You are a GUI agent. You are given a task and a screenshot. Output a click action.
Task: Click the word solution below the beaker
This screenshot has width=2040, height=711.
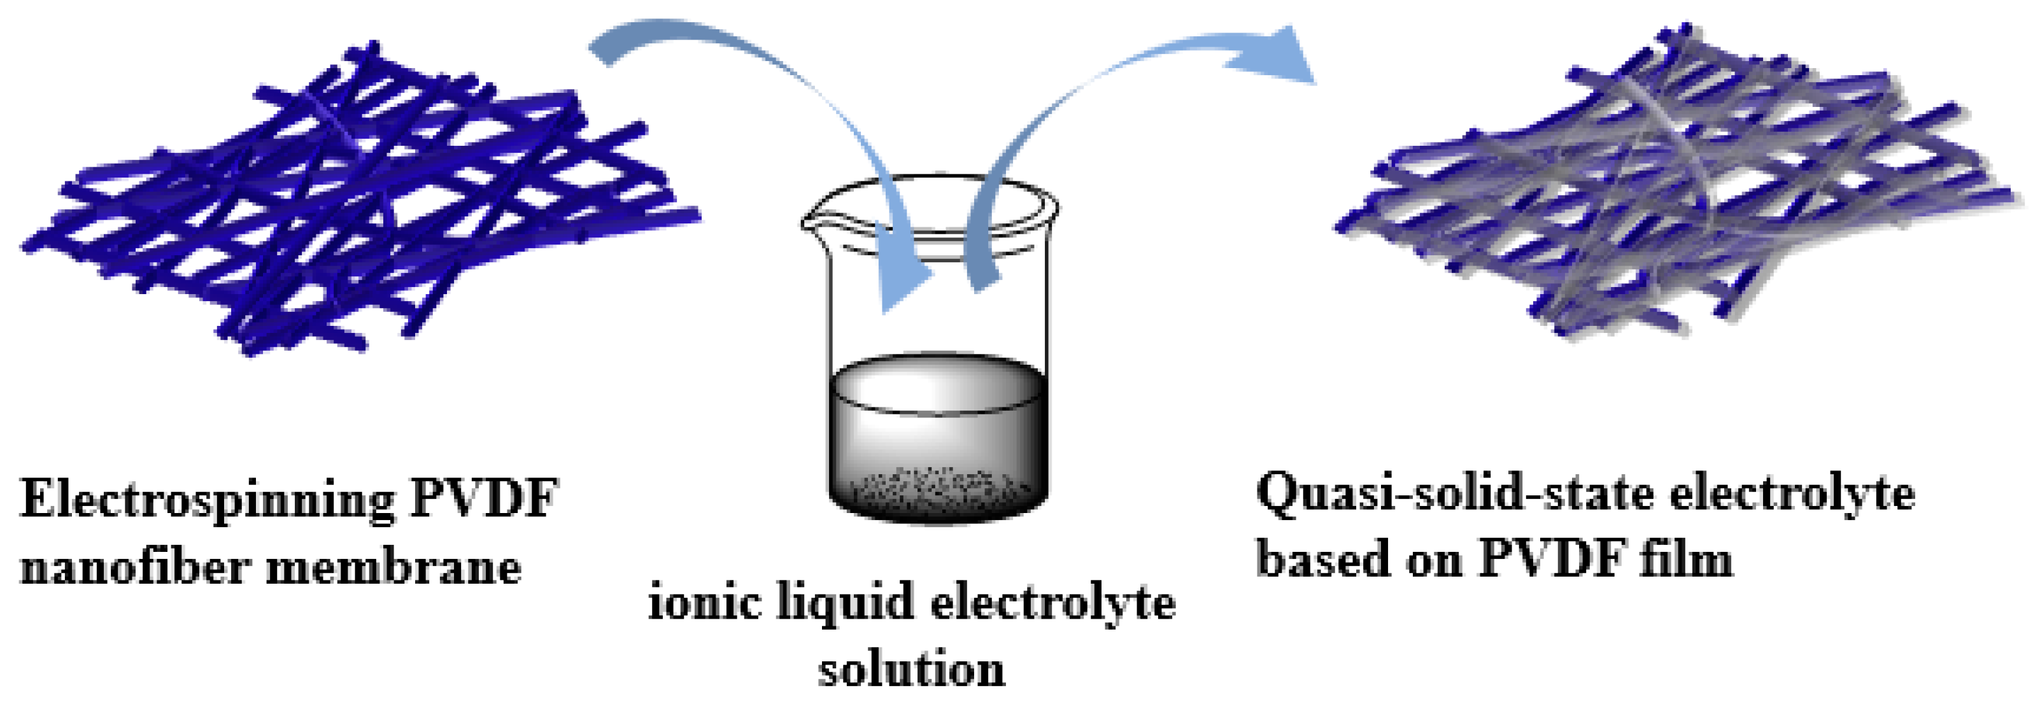pos(910,669)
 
